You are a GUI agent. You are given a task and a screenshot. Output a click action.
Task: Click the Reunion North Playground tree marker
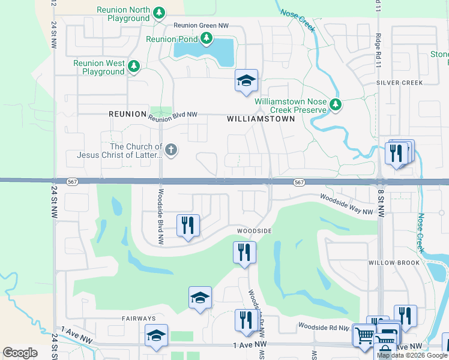tap(159, 13)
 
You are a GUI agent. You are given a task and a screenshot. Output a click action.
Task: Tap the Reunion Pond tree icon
tap(207, 40)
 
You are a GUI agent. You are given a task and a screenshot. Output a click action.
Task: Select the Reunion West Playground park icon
tap(134, 67)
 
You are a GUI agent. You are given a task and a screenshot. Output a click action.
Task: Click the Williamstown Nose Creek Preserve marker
tap(336, 106)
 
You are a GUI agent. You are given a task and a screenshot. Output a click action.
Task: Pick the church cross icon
tap(171, 150)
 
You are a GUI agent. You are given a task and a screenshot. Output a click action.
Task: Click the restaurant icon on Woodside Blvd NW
tap(188, 225)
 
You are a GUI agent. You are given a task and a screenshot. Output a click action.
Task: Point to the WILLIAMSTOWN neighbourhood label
tap(261, 119)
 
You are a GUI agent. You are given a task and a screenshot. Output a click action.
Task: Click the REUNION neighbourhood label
tap(127, 113)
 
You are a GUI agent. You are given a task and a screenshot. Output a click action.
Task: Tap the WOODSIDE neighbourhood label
tap(255, 231)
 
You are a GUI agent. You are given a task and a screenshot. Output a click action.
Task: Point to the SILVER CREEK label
tap(399, 82)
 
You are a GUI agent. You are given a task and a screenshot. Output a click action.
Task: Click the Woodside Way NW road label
tap(346, 204)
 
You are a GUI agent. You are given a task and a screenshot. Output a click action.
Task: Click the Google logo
tap(20, 352)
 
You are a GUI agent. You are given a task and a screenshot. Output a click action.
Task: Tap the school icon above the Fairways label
tap(200, 297)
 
